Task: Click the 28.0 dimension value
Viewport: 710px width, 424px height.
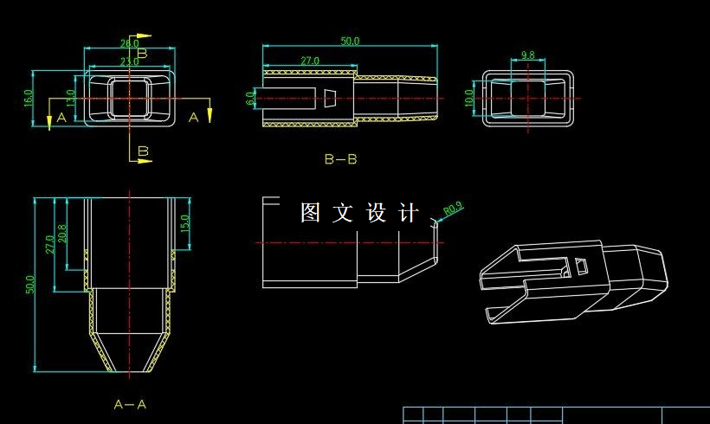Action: (x=129, y=42)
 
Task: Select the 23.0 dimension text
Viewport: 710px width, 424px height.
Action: (x=129, y=61)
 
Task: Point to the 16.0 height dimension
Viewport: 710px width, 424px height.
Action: (x=28, y=98)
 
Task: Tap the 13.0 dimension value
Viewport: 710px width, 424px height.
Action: (x=71, y=98)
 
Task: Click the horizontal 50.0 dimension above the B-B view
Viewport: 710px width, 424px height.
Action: (x=350, y=41)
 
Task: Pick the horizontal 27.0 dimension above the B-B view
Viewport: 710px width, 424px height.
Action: (x=309, y=61)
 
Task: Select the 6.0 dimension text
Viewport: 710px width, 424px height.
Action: (x=251, y=98)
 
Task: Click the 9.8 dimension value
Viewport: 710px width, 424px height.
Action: (x=528, y=55)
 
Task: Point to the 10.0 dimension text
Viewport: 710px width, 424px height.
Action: (x=469, y=97)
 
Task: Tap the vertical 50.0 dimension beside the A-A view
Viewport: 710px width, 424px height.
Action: (x=31, y=285)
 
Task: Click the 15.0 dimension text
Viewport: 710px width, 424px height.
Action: (x=184, y=222)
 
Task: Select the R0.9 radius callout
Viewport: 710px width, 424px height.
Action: (x=453, y=209)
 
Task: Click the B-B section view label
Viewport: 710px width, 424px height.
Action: (x=340, y=159)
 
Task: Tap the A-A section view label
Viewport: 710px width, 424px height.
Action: (x=130, y=404)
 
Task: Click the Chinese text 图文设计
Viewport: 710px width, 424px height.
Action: (x=359, y=213)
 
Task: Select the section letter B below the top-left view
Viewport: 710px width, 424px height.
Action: (x=144, y=152)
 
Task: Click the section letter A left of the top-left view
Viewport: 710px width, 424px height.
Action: (x=61, y=117)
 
